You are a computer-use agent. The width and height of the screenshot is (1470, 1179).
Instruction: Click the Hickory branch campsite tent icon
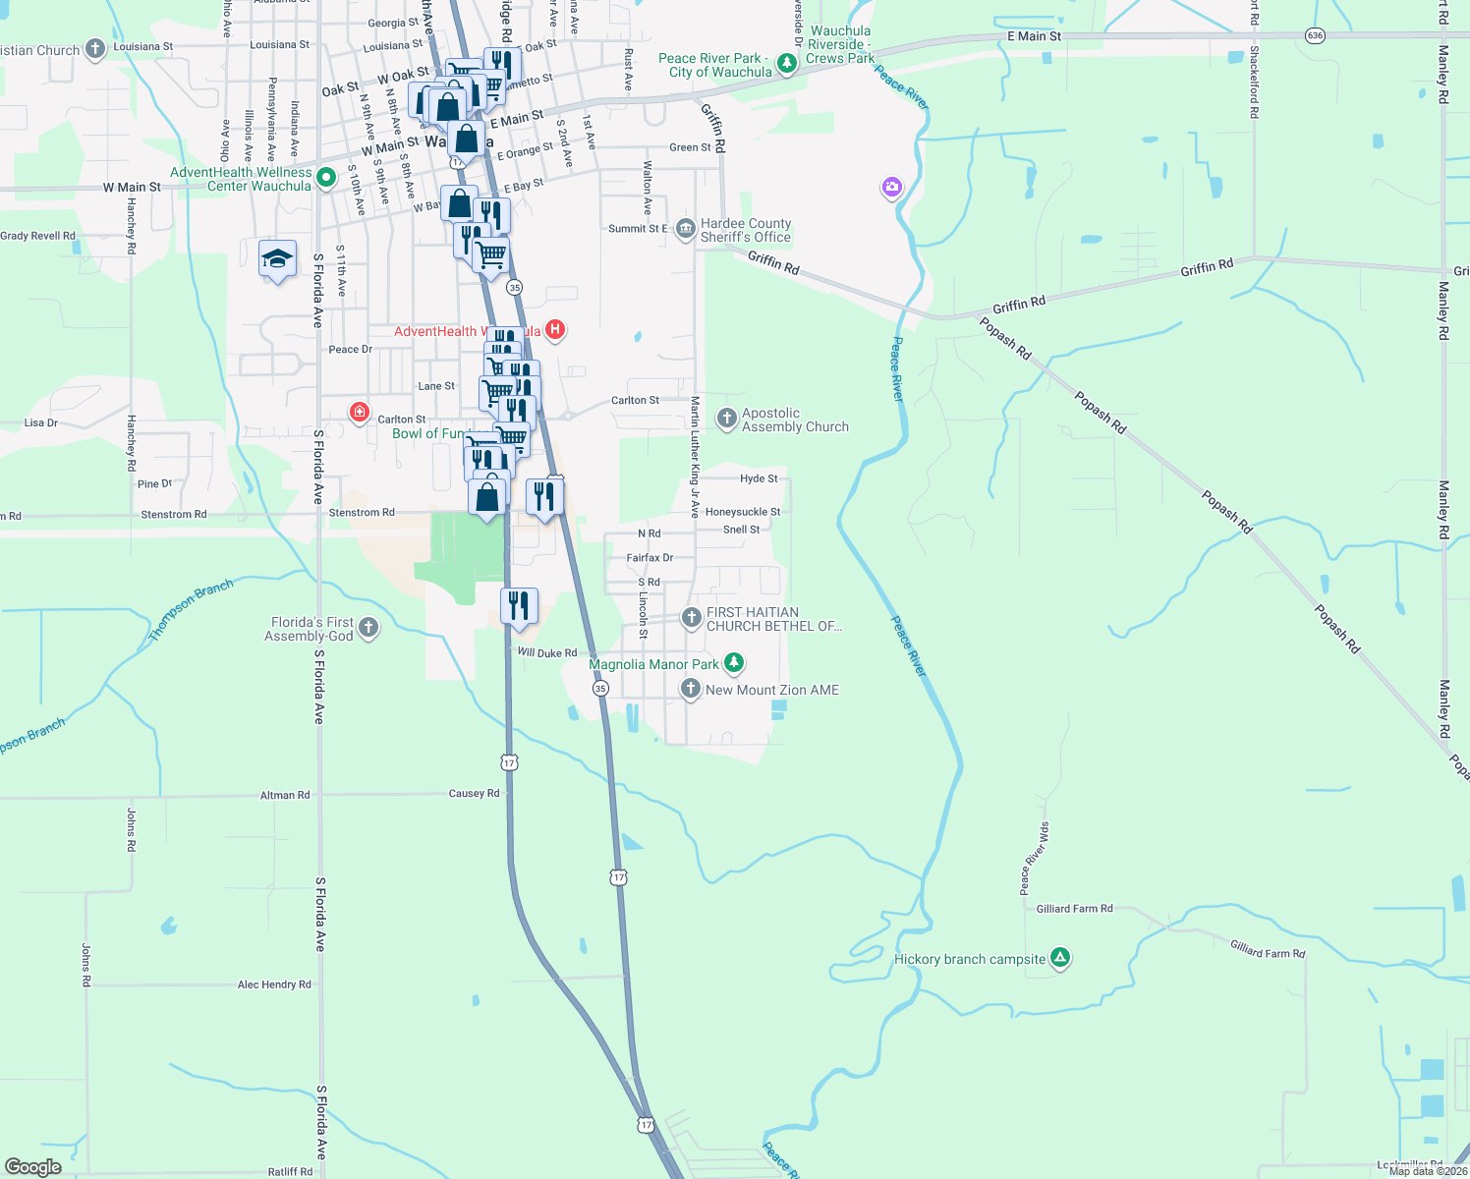(x=1059, y=958)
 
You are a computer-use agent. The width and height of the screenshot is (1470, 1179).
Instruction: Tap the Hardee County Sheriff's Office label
(x=745, y=231)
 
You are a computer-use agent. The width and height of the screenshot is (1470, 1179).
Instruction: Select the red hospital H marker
(x=555, y=329)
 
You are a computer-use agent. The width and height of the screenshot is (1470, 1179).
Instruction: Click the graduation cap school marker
(x=277, y=259)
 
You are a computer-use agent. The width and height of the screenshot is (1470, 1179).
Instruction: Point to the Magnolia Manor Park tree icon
(x=734, y=663)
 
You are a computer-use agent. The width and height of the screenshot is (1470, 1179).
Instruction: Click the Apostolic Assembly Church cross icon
(x=726, y=420)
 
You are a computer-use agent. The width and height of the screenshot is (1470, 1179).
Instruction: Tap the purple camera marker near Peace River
(x=891, y=187)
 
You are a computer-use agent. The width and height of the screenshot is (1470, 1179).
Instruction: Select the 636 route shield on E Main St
(x=1316, y=35)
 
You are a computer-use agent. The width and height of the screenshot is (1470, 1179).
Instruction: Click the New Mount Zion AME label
(x=772, y=690)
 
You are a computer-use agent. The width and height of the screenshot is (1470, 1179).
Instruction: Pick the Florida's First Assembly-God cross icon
(x=368, y=628)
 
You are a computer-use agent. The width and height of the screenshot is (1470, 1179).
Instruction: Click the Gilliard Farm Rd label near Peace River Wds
(x=1074, y=909)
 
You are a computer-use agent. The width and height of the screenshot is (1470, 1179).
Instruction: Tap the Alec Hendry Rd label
(x=274, y=984)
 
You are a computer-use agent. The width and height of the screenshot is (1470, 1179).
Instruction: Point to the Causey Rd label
(x=474, y=794)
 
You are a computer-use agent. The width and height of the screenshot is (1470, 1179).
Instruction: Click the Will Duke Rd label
(x=547, y=652)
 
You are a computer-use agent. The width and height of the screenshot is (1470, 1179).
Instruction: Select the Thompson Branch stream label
(x=191, y=610)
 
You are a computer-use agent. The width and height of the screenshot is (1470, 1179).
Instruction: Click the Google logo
(x=33, y=1167)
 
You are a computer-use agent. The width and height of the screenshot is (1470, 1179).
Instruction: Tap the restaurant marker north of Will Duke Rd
(x=519, y=606)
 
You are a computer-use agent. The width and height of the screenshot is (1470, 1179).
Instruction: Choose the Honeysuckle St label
(x=743, y=512)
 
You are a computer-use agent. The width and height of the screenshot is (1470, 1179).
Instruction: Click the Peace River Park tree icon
(x=786, y=64)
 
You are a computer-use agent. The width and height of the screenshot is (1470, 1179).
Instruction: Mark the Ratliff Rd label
(x=290, y=1171)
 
